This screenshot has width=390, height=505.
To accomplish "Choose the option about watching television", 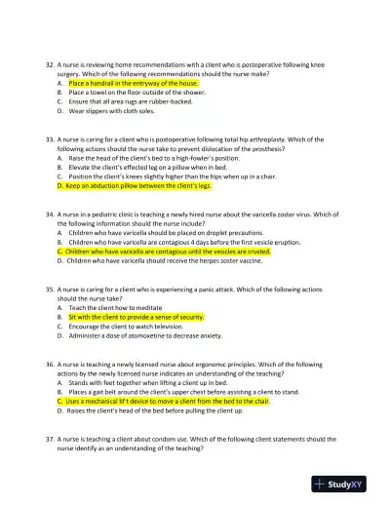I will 136,326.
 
